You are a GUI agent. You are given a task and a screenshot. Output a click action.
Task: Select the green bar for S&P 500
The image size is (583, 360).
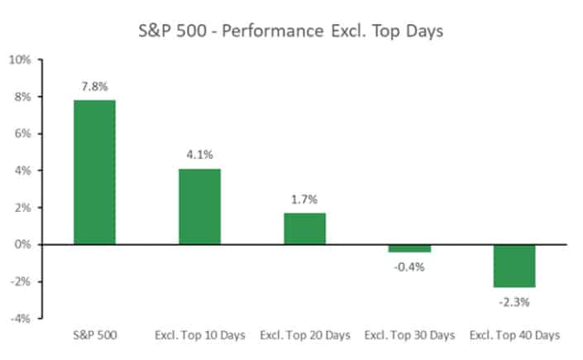click(x=94, y=172)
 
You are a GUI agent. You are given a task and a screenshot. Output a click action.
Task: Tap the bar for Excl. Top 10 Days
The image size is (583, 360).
click(x=199, y=206)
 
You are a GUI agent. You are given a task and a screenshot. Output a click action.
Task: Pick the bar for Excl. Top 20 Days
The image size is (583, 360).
click(x=304, y=228)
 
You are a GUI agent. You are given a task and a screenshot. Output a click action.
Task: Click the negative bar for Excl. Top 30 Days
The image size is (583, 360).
click(x=409, y=248)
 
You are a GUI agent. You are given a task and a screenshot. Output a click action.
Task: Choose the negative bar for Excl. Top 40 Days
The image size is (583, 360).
click(x=514, y=266)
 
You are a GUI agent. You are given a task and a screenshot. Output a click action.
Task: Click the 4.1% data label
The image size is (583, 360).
click(x=199, y=156)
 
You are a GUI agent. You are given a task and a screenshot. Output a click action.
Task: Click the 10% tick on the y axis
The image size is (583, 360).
click(x=19, y=60)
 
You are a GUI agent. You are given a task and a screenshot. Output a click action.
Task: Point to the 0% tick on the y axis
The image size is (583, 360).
click(x=22, y=245)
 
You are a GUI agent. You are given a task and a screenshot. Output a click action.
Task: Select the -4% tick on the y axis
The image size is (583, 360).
click(x=21, y=319)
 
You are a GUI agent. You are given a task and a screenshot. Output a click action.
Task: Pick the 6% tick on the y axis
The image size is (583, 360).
click(x=22, y=134)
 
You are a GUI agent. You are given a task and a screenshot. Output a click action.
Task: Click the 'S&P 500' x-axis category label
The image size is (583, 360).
click(x=94, y=335)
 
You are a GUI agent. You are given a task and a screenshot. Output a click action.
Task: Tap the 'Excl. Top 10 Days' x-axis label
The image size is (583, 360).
click(x=199, y=335)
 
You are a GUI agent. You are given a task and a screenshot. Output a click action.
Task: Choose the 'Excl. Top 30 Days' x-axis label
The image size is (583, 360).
click(x=409, y=335)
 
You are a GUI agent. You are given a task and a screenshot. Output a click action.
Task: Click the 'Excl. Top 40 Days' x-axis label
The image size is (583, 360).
click(x=514, y=335)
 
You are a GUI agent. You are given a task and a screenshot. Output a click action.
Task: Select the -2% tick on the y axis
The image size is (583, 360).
click(x=21, y=281)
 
